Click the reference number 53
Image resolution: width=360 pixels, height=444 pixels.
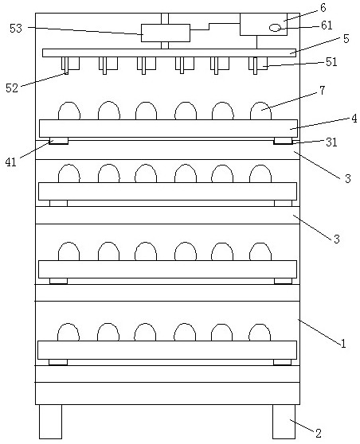16,29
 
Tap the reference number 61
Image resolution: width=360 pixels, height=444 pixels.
327,25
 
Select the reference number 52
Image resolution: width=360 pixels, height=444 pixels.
12,88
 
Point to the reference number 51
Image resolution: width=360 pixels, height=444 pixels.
331,62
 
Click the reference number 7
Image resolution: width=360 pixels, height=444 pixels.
323,91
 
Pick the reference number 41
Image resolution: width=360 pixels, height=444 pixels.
11,162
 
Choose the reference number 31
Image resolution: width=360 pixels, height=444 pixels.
331,142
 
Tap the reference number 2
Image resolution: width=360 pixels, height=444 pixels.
319,433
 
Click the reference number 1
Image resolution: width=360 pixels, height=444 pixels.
343,344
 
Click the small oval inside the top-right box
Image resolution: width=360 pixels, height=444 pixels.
275,28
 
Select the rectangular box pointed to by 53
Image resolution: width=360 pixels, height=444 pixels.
166,33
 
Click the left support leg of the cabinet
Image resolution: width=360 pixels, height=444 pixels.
50,422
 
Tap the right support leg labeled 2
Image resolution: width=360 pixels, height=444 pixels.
284,422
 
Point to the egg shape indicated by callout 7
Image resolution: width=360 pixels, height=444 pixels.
260,111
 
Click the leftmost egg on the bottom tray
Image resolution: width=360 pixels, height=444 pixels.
68,332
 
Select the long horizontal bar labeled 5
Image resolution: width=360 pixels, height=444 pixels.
169,53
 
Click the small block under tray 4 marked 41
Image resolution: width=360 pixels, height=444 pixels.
59,141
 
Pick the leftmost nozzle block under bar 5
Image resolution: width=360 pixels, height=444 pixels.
70,64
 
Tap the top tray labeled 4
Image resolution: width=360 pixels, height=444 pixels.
168,129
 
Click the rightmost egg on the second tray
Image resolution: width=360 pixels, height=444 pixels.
260,174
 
